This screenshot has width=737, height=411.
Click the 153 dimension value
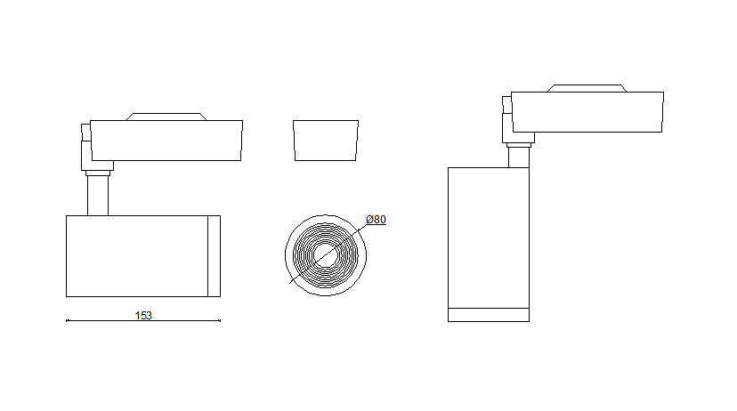tap(143, 315)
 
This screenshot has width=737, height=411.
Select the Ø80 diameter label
tap(376, 220)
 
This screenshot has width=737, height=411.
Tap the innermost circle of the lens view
tap(325, 255)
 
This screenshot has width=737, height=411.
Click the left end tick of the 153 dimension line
tap(67, 320)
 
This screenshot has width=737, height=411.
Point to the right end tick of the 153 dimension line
tap(220, 320)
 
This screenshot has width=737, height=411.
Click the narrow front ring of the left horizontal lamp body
tap(214, 256)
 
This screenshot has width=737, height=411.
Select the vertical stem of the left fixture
tap(98, 196)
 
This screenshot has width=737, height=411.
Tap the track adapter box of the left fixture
tap(166, 141)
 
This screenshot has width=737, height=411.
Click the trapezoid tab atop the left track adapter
tap(166, 117)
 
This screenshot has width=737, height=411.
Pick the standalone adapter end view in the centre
tap(326, 141)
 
